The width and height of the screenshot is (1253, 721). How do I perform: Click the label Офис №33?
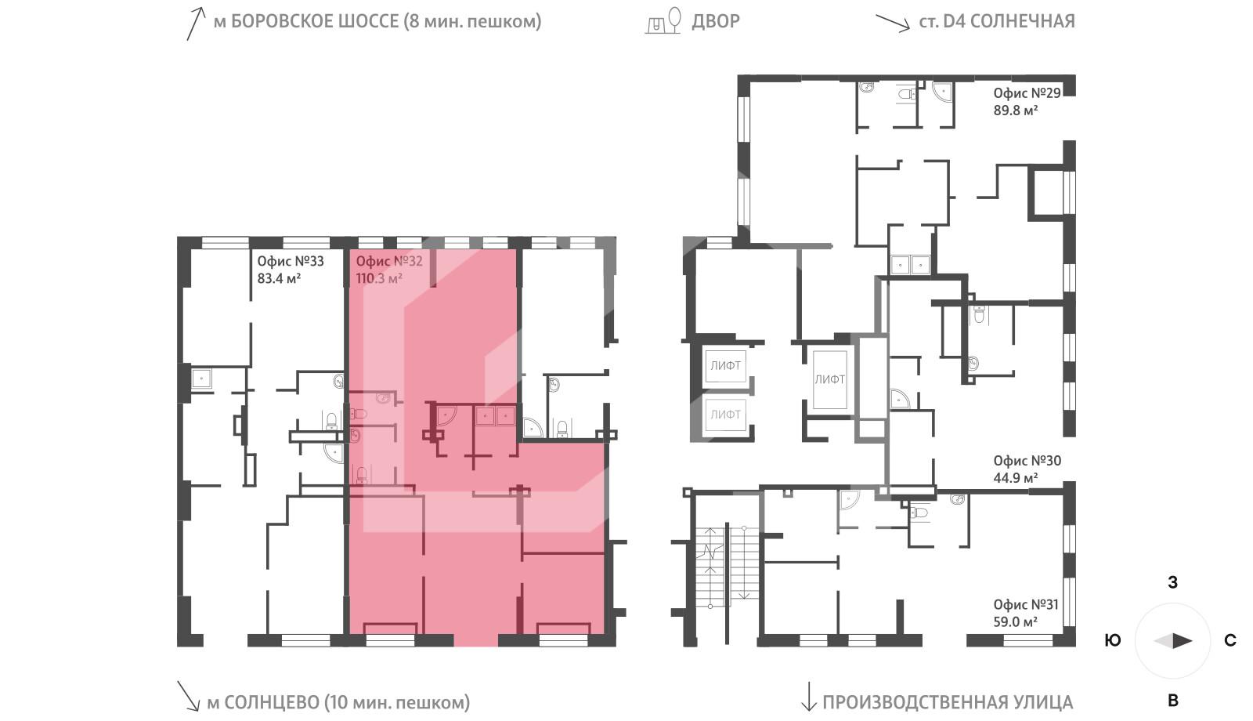coord(290,261)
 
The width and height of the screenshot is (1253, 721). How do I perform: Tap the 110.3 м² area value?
coord(379,278)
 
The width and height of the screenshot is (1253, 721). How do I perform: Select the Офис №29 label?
coord(1027,92)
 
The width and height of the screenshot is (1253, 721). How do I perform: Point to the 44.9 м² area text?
coord(1016,477)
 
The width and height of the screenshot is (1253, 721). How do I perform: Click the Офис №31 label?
coord(1025,604)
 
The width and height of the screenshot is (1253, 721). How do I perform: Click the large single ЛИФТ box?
coord(829,379)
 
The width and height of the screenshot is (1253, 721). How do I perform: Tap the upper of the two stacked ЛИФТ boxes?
coord(725,365)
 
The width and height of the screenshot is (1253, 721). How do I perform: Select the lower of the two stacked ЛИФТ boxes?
coord(725,414)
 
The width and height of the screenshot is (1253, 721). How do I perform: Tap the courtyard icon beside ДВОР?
coord(663,21)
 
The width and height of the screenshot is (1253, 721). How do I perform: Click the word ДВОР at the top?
coord(715,21)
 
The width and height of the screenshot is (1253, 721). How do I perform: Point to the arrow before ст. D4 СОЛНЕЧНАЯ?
coord(892,21)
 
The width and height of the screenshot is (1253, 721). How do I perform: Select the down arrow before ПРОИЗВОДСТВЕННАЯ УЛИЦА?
coord(807,696)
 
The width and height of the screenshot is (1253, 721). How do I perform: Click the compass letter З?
coord(1172,582)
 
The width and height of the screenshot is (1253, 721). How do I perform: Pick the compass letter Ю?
coord(1112,640)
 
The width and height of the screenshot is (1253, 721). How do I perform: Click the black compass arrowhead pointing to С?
coord(1183,640)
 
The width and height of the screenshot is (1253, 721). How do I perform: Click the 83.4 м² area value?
coord(279,278)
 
